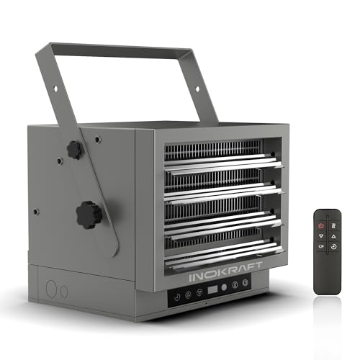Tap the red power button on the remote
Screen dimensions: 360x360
321,225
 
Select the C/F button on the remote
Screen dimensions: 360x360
321,246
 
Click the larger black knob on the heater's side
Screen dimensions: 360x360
89,214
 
